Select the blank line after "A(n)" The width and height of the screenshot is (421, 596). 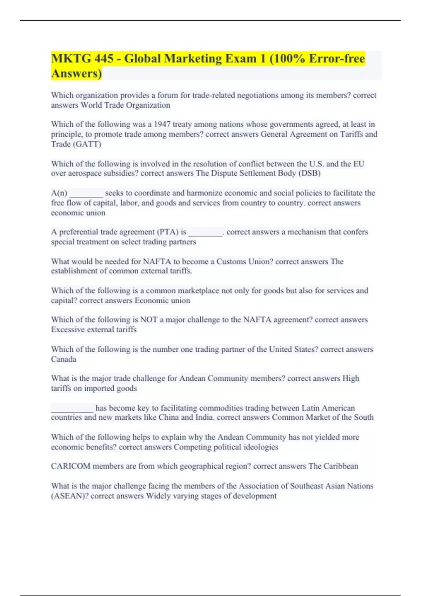pos(86,193)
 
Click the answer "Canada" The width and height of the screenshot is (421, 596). pos(64,359)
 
